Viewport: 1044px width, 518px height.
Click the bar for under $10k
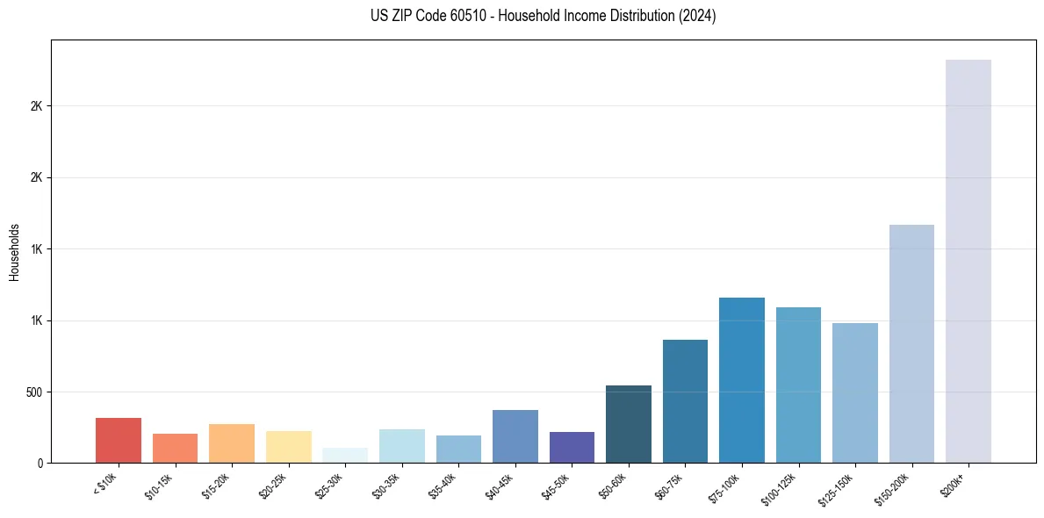click(x=119, y=441)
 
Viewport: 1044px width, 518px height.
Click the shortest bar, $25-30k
click(x=345, y=456)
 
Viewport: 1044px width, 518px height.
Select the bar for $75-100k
click(x=742, y=380)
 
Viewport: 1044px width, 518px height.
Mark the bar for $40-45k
click(x=515, y=436)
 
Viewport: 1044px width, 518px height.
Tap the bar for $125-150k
click(x=855, y=393)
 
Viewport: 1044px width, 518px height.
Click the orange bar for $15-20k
click(x=232, y=443)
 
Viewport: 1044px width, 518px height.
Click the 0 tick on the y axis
click(x=40, y=464)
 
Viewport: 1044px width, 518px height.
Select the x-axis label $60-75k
click(x=669, y=486)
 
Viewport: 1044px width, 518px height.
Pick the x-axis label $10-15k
click(x=159, y=486)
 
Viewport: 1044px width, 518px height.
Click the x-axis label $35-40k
click(x=443, y=486)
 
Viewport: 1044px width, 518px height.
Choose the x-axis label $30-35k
click(x=385, y=486)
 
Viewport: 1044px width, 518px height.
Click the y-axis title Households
click(x=14, y=252)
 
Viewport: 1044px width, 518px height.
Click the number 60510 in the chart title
click(x=453, y=17)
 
